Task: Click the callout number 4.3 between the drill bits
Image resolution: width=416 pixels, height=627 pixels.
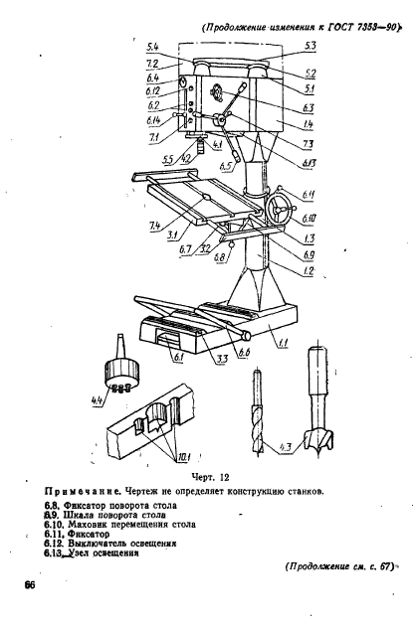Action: coord(286,446)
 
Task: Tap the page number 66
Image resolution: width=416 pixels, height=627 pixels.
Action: coord(45,588)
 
